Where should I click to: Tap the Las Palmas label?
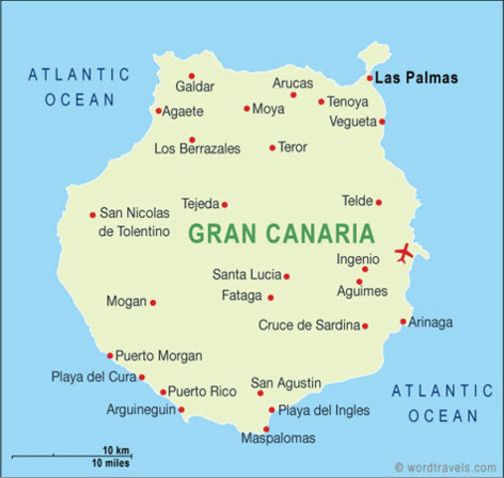click(x=417, y=78)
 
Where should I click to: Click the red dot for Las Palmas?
click(x=370, y=78)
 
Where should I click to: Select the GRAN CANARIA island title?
click(x=280, y=235)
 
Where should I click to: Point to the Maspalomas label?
click(x=278, y=438)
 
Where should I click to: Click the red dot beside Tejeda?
click(x=225, y=204)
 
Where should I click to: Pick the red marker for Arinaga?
click(x=403, y=322)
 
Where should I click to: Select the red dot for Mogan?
click(x=153, y=302)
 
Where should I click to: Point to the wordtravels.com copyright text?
click(x=444, y=466)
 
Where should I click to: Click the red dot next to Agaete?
click(x=159, y=111)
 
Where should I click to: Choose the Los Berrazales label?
click(x=197, y=149)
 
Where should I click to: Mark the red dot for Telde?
click(x=379, y=202)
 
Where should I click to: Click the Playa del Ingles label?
click(x=323, y=409)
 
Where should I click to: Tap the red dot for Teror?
click(x=272, y=147)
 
